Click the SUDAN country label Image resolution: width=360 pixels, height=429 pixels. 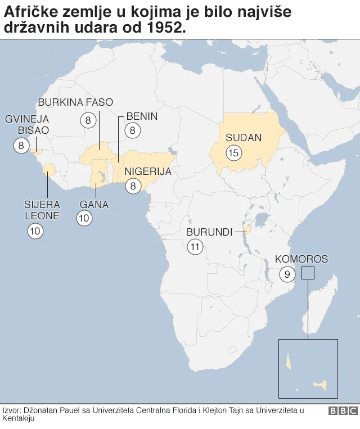coord(244,138)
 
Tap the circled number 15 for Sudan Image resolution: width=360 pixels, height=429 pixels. coord(233,152)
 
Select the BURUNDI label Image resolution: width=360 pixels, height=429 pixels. coord(209,232)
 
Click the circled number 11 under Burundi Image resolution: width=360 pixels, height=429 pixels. coord(195,246)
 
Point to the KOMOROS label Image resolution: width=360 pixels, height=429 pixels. coord(301,259)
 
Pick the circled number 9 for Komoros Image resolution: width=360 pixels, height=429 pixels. coord(287,274)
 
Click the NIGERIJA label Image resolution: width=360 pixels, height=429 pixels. coord(148,171)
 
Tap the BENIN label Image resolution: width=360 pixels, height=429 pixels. coord(142,116)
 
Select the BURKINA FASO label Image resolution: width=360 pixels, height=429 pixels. coord(75,102)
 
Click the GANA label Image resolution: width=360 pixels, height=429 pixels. coord(94,204)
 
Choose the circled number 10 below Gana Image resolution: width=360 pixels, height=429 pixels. coord(84,219)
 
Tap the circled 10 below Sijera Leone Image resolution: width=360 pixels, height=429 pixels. coord(35,230)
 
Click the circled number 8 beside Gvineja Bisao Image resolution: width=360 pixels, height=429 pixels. coord(21,146)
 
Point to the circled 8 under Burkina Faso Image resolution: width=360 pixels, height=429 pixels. coord(88,120)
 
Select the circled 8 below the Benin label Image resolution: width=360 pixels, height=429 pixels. coord(133,131)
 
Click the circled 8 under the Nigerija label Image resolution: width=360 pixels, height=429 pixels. coord(133,186)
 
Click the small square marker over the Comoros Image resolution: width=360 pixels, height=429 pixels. coord(308,273)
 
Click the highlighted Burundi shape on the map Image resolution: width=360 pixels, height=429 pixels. coord(246,229)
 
